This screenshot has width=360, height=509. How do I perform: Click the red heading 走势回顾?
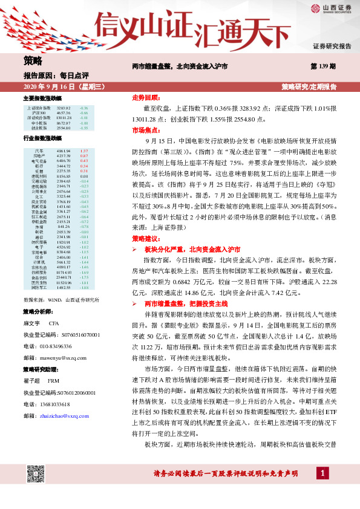point(145,97)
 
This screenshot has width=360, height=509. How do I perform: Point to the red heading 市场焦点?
point(145,129)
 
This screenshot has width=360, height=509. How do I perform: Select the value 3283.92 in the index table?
point(64,108)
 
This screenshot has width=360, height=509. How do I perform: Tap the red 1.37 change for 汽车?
point(84,150)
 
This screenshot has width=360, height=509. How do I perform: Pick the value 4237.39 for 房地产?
point(64,155)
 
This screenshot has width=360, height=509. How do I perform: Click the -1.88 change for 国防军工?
point(84,287)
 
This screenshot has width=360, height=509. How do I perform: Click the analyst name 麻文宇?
point(31,323)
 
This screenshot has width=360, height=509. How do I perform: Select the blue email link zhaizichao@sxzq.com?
point(64,416)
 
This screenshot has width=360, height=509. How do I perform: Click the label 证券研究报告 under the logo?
point(332,46)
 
